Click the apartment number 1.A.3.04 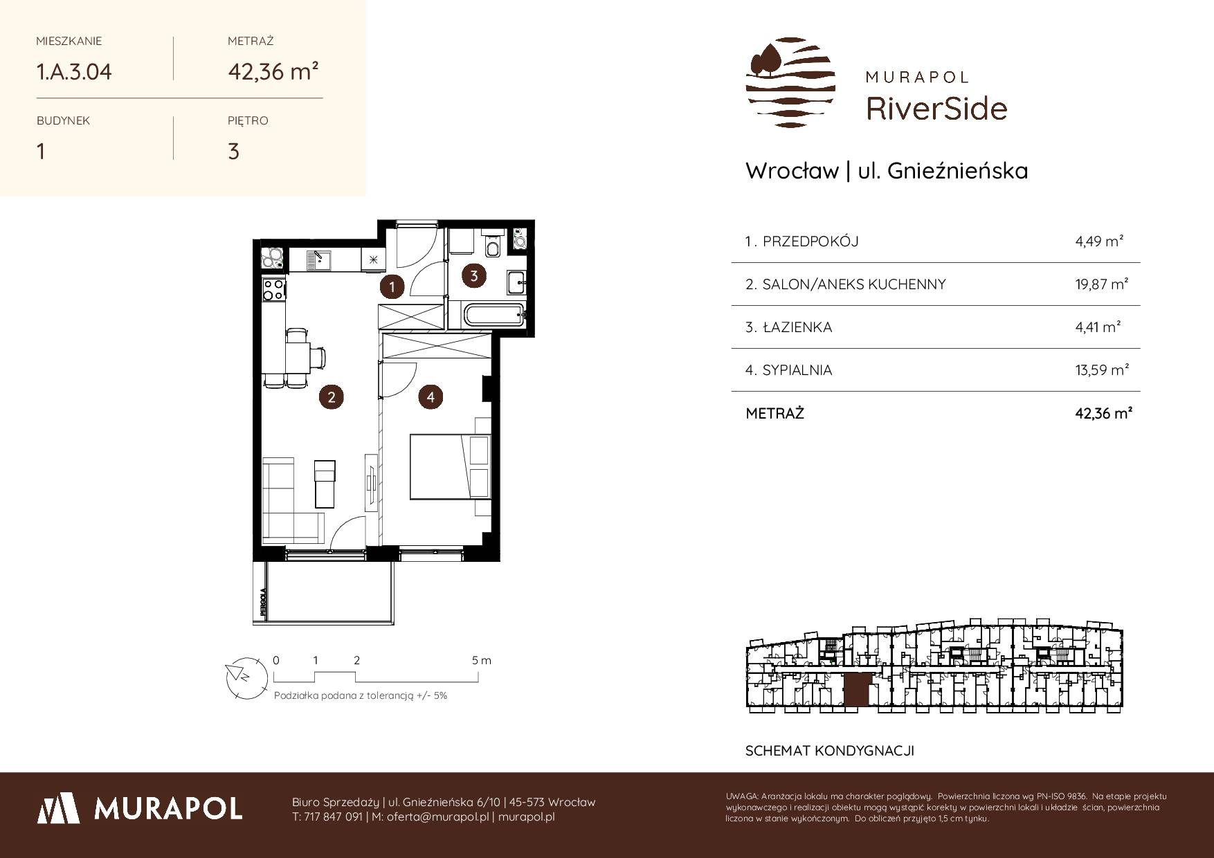(74, 71)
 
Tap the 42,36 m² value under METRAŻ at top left (273, 71)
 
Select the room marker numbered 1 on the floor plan (392, 286)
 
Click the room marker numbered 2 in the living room (332, 397)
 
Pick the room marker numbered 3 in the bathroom (474, 275)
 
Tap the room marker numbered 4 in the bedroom (431, 397)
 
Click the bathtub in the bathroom (493, 317)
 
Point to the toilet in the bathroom (493, 246)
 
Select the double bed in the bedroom (450, 463)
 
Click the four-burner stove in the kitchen (274, 289)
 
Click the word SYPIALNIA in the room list (797, 370)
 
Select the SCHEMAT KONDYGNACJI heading (830, 751)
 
